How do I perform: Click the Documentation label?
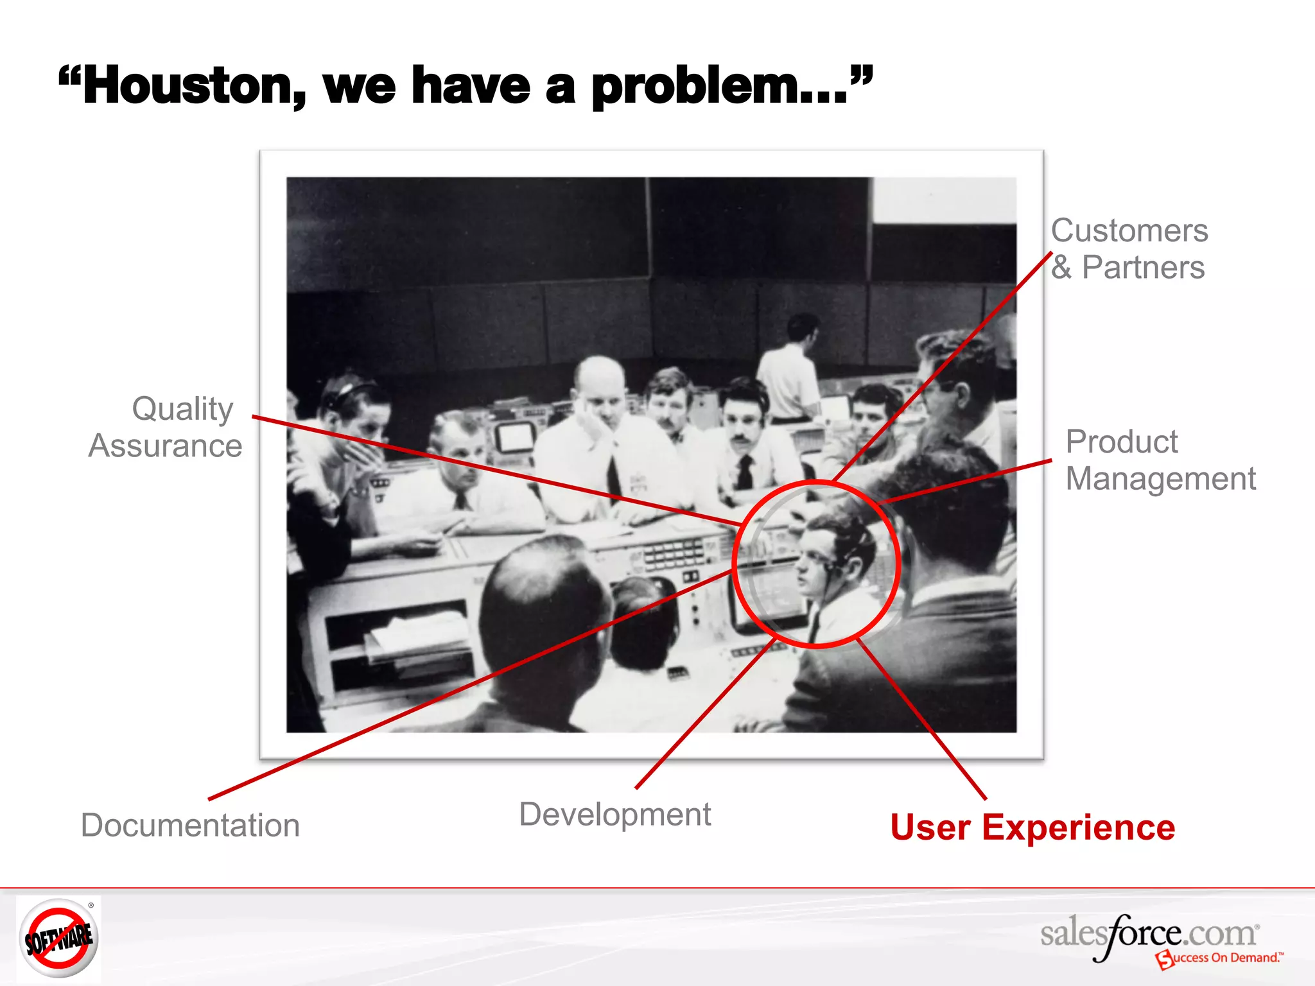tap(190, 826)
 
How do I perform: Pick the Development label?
tap(614, 815)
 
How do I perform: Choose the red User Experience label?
tap(1032, 827)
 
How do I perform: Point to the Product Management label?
tap(1160, 460)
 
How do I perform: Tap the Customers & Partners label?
tap(1129, 249)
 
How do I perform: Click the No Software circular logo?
tap(58, 938)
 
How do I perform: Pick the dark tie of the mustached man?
tap(745, 472)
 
